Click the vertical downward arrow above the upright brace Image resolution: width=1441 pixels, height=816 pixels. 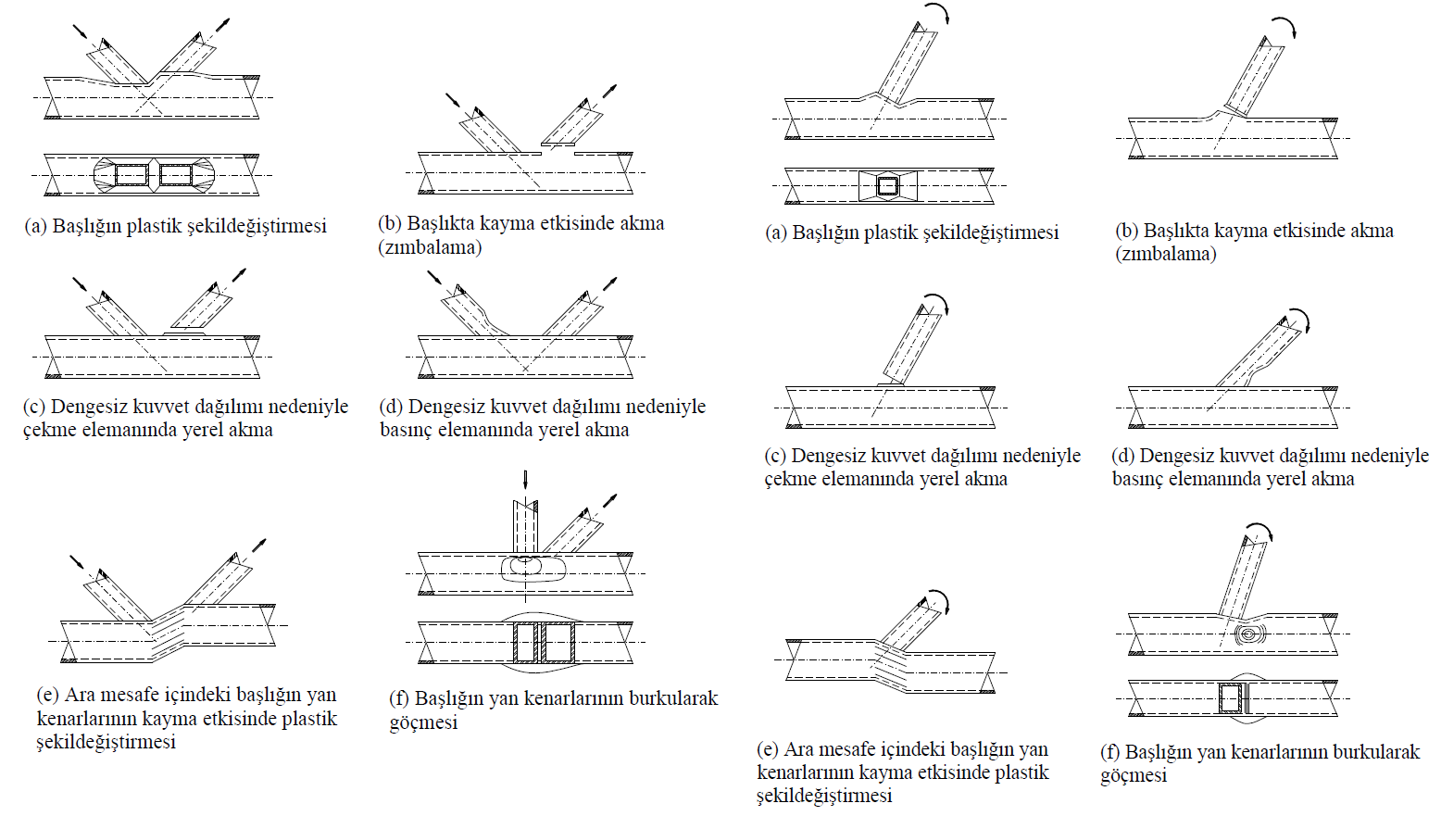(x=525, y=480)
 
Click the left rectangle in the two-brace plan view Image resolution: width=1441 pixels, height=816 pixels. (x=131, y=174)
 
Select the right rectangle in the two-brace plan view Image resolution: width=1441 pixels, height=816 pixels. (x=176, y=174)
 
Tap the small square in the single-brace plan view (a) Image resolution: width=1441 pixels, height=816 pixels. (x=887, y=186)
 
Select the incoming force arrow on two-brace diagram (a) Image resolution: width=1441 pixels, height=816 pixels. (x=81, y=31)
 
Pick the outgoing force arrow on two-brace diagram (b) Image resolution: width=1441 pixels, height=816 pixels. (x=608, y=92)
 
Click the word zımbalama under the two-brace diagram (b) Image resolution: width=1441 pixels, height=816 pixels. (x=429, y=248)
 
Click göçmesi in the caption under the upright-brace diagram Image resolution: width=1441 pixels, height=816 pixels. (x=423, y=722)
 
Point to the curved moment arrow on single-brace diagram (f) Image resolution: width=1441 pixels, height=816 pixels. (x=1260, y=531)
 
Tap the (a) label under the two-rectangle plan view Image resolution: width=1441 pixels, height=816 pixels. (x=35, y=226)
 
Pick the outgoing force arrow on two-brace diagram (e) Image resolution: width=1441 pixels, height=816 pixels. (x=258, y=545)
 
